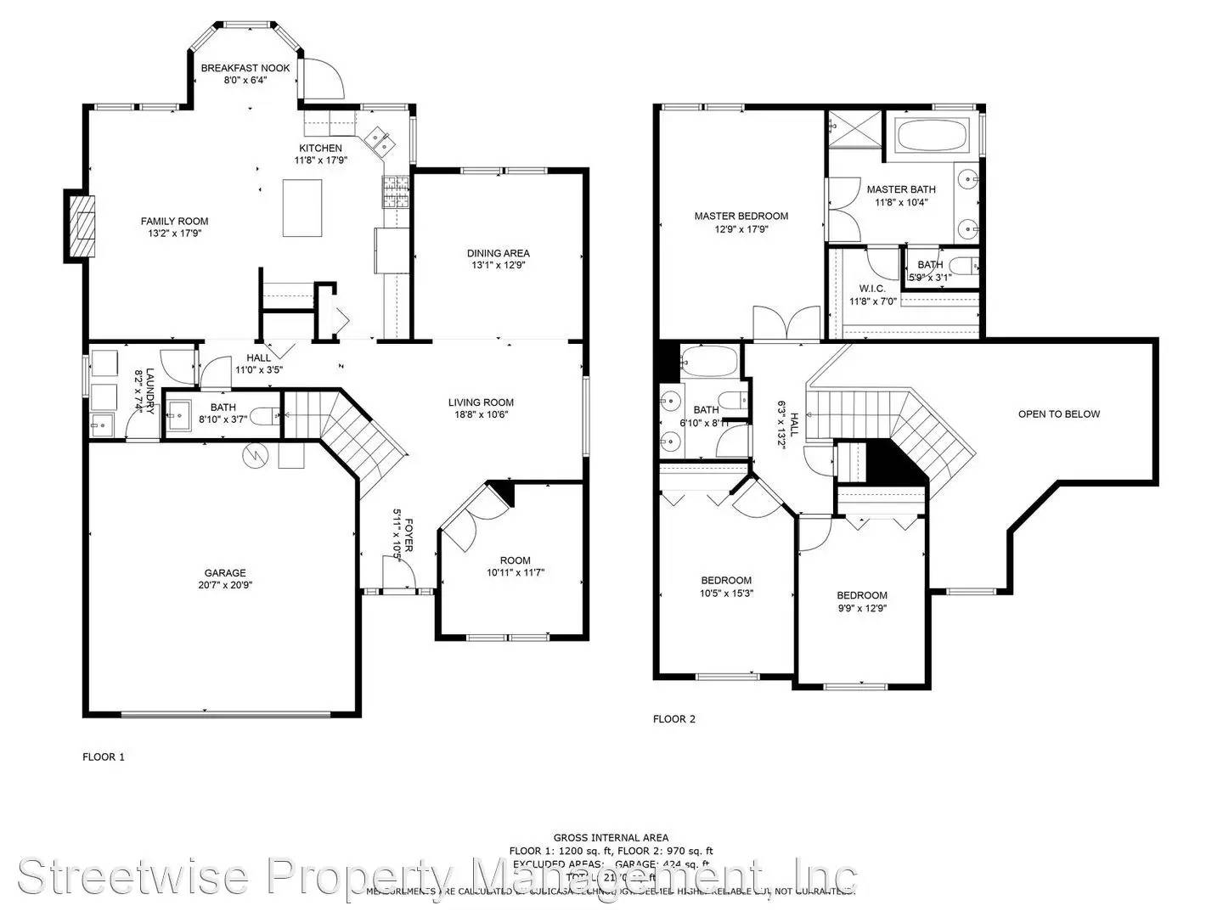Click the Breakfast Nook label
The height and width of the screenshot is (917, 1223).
coord(245,68)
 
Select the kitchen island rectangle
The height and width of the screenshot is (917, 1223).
coord(304,208)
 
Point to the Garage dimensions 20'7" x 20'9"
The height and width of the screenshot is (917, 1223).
coord(224,585)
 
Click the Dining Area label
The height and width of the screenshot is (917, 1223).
coord(498,253)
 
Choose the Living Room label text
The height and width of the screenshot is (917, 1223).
coord(481,402)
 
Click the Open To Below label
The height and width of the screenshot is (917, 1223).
coord(1058,414)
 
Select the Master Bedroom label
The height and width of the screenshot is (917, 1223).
coord(741,216)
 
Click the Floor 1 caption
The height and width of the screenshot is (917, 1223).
coord(103,757)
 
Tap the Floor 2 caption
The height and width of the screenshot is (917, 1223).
coord(673,719)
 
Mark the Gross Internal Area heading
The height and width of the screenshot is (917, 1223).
coord(611,837)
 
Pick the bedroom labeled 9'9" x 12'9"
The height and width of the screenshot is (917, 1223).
coord(861,601)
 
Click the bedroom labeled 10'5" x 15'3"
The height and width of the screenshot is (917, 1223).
coord(726,587)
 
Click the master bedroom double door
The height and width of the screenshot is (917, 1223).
coord(786,324)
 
